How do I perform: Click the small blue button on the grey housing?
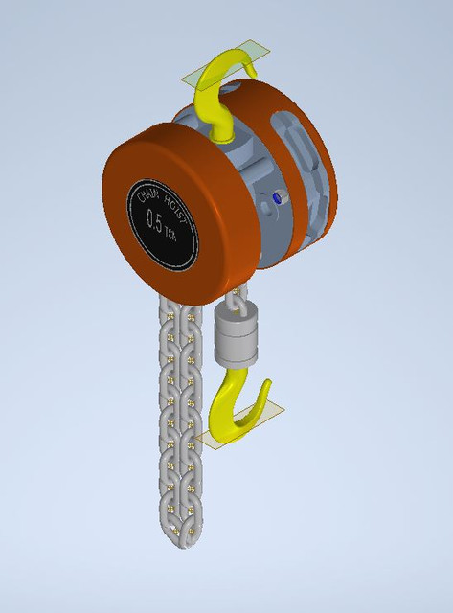(x=278, y=198)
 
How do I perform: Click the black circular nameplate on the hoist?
(x=166, y=219)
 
